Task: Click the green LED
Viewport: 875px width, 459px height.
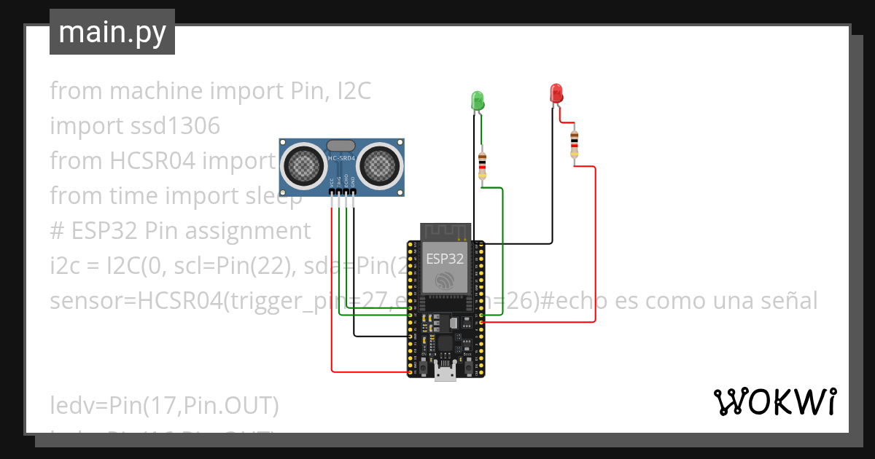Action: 478,101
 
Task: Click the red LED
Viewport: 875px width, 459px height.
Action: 556,93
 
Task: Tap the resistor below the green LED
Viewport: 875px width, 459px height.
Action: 482,166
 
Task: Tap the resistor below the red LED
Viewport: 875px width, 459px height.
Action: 575,144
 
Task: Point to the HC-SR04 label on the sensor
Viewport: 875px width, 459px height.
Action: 341,158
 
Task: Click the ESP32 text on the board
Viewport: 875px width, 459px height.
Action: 445,259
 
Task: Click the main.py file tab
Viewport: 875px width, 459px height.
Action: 112,32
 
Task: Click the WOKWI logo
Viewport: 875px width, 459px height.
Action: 774,401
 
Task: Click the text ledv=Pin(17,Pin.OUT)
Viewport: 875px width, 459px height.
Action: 164,405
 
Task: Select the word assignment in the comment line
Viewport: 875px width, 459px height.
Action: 248,231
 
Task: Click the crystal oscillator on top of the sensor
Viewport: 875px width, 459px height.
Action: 341,146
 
